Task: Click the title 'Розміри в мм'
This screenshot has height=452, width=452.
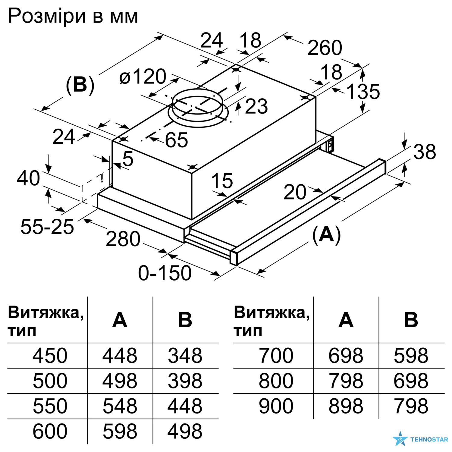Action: tap(73, 16)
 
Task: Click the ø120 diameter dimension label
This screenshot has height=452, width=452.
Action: tap(143, 77)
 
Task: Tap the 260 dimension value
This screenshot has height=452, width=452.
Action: tap(325, 48)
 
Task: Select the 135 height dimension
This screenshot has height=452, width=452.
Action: tap(363, 92)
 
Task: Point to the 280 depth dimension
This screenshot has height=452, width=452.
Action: tap(123, 239)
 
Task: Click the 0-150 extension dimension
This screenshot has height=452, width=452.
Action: tap(165, 273)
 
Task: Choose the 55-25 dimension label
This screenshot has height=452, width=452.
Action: tap(47, 227)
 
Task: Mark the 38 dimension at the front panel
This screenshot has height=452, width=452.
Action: tap(425, 152)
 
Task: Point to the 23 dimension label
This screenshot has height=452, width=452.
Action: tap(256, 106)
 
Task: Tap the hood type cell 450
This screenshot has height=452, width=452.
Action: tap(50, 356)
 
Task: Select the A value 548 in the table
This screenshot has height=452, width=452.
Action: tap(120, 406)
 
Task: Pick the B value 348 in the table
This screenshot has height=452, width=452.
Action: tap(185, 356)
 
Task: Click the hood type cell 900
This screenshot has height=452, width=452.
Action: tap(276, 406)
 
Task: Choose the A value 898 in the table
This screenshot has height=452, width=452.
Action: tap(346, 406)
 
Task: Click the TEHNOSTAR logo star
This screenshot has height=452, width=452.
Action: tap(400, 439)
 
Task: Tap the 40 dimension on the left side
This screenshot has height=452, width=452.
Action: tap(28, 178)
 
